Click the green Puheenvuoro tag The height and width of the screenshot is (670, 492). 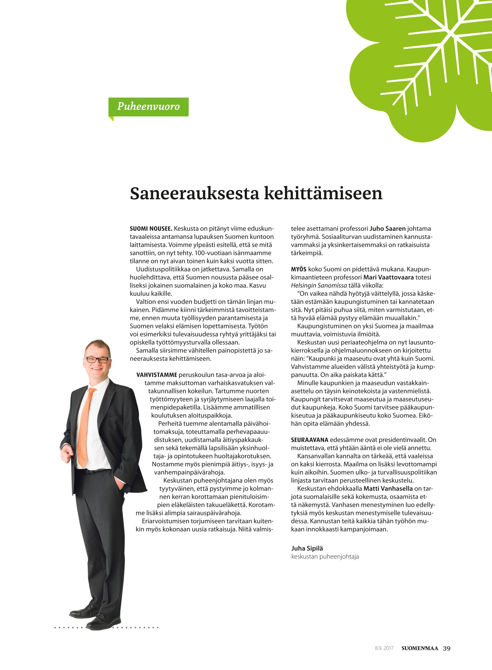[148, 107]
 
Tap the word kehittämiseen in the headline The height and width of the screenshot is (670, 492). [323, 194]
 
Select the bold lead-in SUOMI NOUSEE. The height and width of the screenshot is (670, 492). [151, 229]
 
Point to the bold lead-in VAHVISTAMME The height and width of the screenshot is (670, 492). [157, 375]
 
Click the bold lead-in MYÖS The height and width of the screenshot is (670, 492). [298, 269]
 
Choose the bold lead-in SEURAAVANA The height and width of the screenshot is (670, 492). [309, 440]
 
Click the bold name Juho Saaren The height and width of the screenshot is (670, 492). [387, 229]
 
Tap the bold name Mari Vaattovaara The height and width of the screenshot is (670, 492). [388, 277]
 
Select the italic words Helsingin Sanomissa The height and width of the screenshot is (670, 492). [318, 285]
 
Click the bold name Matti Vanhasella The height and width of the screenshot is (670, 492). [388, 489]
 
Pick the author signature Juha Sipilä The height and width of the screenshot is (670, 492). [307, 549]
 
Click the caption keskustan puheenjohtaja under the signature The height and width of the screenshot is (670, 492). [325, 557]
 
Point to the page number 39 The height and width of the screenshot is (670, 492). [447, 648]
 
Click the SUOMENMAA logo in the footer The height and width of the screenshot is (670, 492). [420, 648]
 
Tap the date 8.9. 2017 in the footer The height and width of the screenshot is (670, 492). [384, 648]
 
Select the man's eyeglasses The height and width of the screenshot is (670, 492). [97, 360]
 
